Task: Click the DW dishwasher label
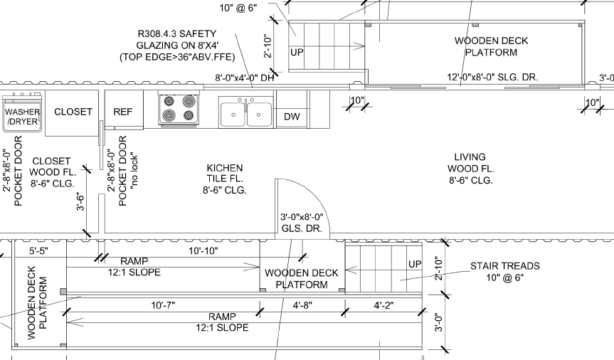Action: point(292,117)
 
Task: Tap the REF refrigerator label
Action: point(123,112)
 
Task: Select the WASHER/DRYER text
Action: point(22,117)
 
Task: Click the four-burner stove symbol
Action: point(179,110)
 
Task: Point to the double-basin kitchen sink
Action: point(246,112)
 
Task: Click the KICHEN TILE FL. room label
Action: point(225,179)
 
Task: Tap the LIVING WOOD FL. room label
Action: point(471,169)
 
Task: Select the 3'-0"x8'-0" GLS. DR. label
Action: point(302,223)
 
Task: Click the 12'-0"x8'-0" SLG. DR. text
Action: point(492,77)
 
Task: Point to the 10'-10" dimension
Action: point(203,250)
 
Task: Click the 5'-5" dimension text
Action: point(38,250)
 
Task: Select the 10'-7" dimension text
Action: point(164,305)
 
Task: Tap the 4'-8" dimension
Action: point(302,305)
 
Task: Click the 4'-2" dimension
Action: point(383,305)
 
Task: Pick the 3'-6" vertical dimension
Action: point(80,201)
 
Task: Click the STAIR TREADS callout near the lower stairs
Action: point(505,272)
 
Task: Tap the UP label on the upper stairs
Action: point(297,52)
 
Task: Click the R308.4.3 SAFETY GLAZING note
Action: point(177,46)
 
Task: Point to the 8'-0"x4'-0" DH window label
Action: point(244,78)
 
